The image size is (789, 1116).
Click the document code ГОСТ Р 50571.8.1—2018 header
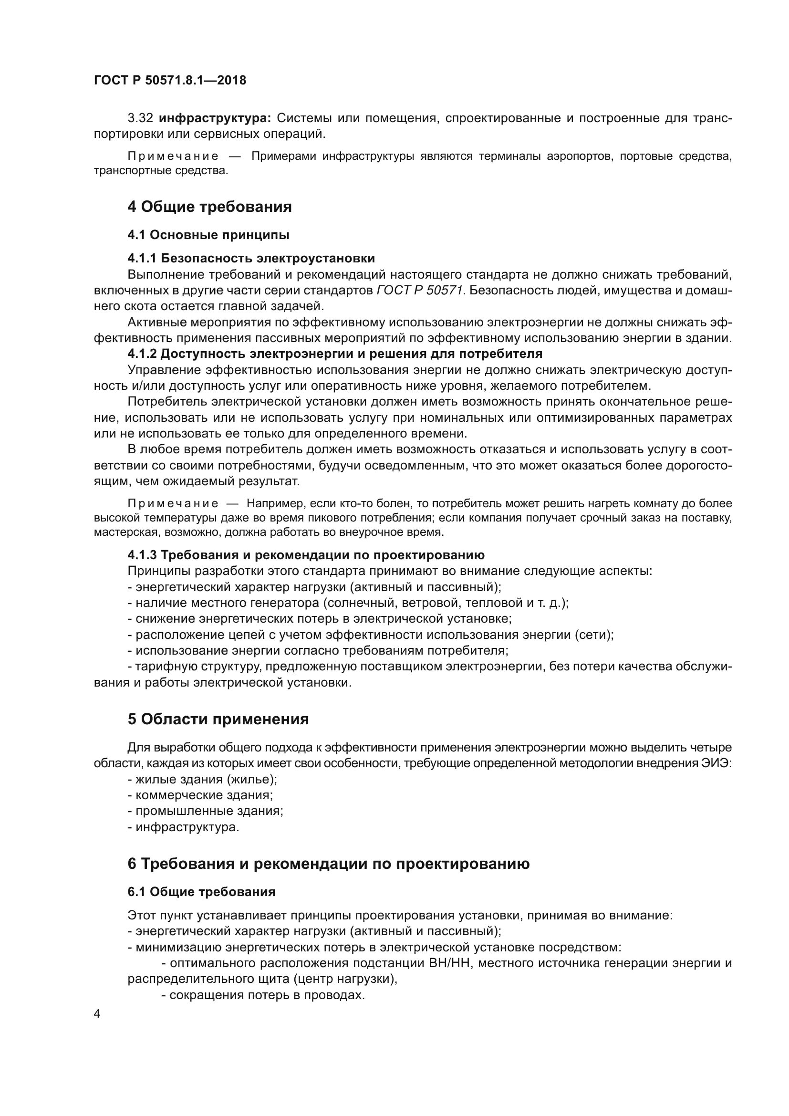point(170,80)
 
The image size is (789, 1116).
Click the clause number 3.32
point(140,118)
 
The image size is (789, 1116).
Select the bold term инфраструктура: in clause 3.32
point(215,118)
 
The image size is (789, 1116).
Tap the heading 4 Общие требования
point(209,207)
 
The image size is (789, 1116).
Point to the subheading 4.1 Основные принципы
point(208,235)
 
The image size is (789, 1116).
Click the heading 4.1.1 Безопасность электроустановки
point(251,258)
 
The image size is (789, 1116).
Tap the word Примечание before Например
point(173,503)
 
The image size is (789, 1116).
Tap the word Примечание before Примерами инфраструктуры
point(173,156)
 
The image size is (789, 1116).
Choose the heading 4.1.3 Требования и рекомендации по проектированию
point(306,554)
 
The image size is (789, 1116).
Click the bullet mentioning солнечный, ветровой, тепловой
point(348,603)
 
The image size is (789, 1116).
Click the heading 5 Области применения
point(218,719)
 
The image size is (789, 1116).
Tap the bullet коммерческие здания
point(200,795)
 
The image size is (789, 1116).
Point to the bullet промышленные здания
point(205,811)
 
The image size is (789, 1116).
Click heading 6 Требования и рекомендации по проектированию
point(328,864)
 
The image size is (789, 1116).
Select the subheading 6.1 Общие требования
point(201,892)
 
